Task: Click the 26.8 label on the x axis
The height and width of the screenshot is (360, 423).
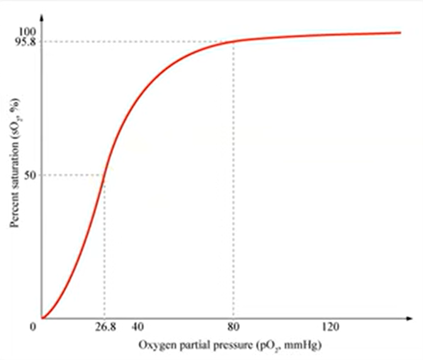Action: (104, 327)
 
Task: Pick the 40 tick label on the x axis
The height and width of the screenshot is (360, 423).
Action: (139, 327)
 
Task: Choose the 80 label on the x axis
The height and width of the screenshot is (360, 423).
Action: (233, 327)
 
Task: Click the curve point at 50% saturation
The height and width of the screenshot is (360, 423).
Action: (104, 175)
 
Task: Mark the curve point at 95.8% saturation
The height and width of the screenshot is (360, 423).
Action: (233, 42)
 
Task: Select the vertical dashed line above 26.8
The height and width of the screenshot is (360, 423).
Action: (104, 251)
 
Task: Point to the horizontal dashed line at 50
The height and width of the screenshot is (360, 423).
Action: (72, 175)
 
